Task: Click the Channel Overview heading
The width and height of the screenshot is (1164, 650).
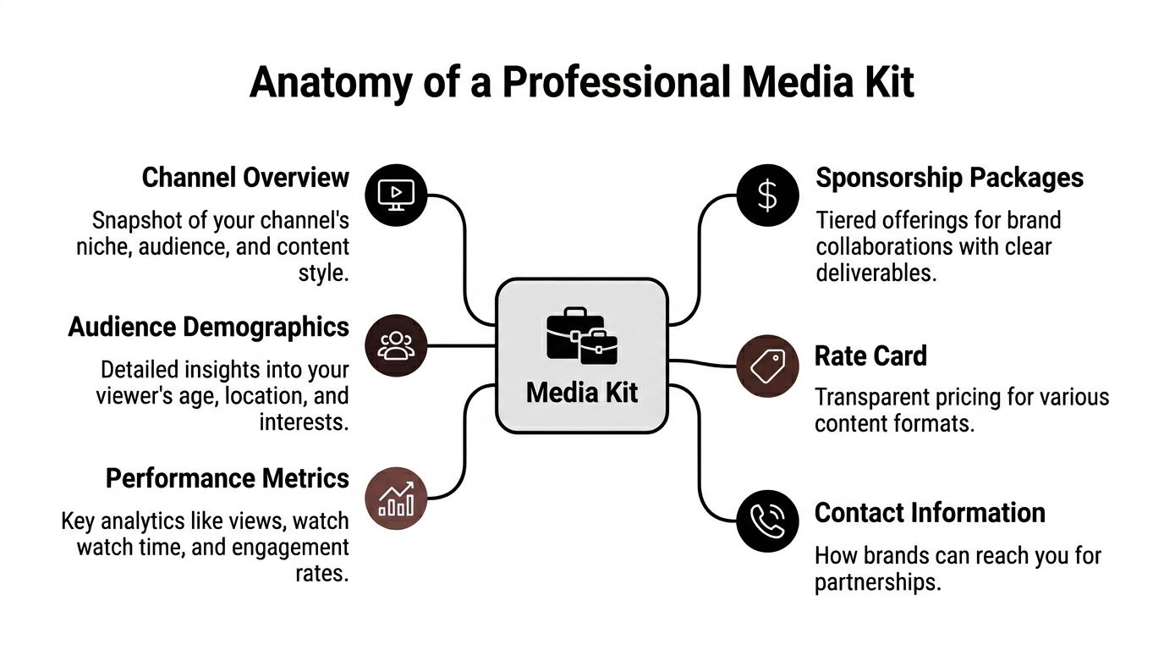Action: [x=245, y=178]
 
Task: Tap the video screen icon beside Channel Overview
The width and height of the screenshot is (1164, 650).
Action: [x=396, y=195]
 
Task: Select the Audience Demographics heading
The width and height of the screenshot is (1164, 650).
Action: [x=208, y=328]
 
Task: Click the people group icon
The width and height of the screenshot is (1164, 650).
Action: [x=396, y=345]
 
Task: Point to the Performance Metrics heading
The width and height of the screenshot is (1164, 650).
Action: [x=227, y=478]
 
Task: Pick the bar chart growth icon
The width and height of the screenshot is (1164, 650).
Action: [x=396, y=499]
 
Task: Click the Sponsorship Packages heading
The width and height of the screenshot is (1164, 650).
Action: [x=949, y=178]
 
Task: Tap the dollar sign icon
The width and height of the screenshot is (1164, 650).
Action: [x=767, y=195]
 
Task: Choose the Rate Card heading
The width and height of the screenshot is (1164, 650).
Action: [x=870, y=355]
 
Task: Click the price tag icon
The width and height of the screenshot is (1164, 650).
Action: [x=767, y=366]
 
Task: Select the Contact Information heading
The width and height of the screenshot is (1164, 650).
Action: [x=930, y=513]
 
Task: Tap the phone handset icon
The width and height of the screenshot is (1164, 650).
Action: [x=767, y=521]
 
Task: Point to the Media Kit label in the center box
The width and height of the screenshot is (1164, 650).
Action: [x=582, y=392]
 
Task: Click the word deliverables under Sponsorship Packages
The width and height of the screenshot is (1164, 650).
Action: [x=875, y=273]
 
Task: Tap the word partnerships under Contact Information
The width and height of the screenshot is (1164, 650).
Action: [x=876, y=583]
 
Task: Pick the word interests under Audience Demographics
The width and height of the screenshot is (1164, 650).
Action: [x=304, y=422]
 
